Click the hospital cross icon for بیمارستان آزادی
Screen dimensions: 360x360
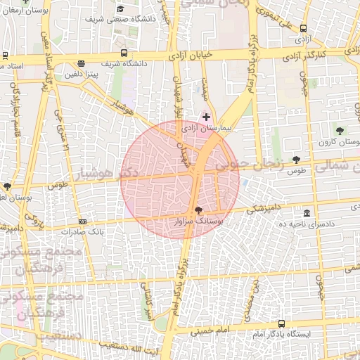[206, 116]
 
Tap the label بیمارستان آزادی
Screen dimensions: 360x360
[206, 129]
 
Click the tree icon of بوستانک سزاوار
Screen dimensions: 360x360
[198, 210]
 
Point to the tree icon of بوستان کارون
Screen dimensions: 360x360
[340, 131]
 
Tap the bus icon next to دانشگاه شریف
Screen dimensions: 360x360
[124, 53]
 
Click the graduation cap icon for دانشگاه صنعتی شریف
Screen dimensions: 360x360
[120, 9]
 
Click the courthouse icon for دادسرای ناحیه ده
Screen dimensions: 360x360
[307, 213]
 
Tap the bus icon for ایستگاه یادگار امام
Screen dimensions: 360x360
[282, 323]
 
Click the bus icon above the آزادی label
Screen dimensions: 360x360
[303, 29]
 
